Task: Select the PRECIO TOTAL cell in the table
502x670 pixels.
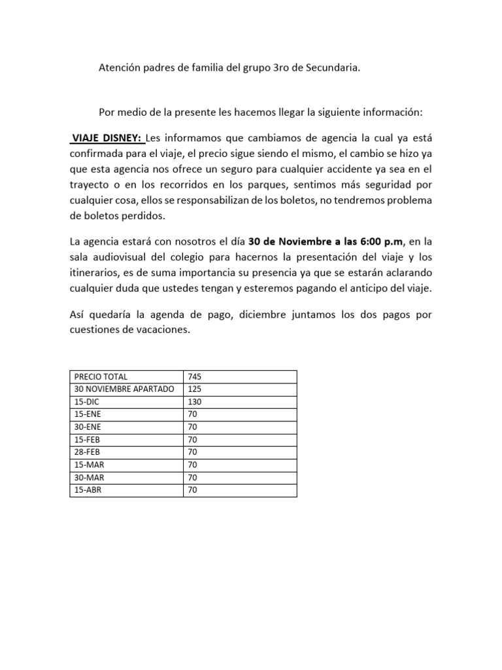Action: click(x=101, y=376)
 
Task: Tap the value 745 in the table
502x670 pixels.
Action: click(x=194, y=376)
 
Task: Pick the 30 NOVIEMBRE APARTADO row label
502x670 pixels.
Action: click(x=124, y=389)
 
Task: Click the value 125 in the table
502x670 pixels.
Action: click(x=194, y=389)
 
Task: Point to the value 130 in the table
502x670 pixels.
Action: click(x=194, y=402)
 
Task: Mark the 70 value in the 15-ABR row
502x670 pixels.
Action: click(x=192, y=490)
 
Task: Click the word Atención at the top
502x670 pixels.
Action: click(x=119, y=67)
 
